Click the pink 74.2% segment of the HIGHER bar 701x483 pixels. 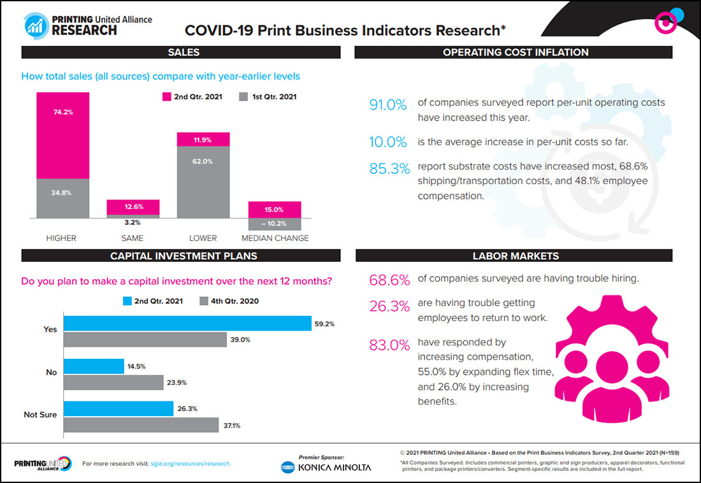(x=62, y=135)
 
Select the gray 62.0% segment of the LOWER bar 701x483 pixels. (x=203, y=182)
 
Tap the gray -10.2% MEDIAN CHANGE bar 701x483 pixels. (x=274, y=224)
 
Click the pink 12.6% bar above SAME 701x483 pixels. (x=133, y=207)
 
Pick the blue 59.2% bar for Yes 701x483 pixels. (x=187, y=324)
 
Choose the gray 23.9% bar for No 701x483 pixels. (x=113, y=382)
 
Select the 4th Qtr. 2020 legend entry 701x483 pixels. (x=229, y=301)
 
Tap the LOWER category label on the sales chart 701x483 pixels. (x=203, y=238)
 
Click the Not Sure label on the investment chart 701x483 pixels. (x=40, y=415)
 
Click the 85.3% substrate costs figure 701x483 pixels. (x=388, y=169)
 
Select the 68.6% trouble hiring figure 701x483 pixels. (x=388, y=280)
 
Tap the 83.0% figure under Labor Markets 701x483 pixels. (x=388, y=345)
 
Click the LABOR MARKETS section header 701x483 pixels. (x=516, y=256)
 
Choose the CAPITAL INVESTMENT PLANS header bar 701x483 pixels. (x=184, y=256)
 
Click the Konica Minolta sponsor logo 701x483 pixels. (x=326, y=467)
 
